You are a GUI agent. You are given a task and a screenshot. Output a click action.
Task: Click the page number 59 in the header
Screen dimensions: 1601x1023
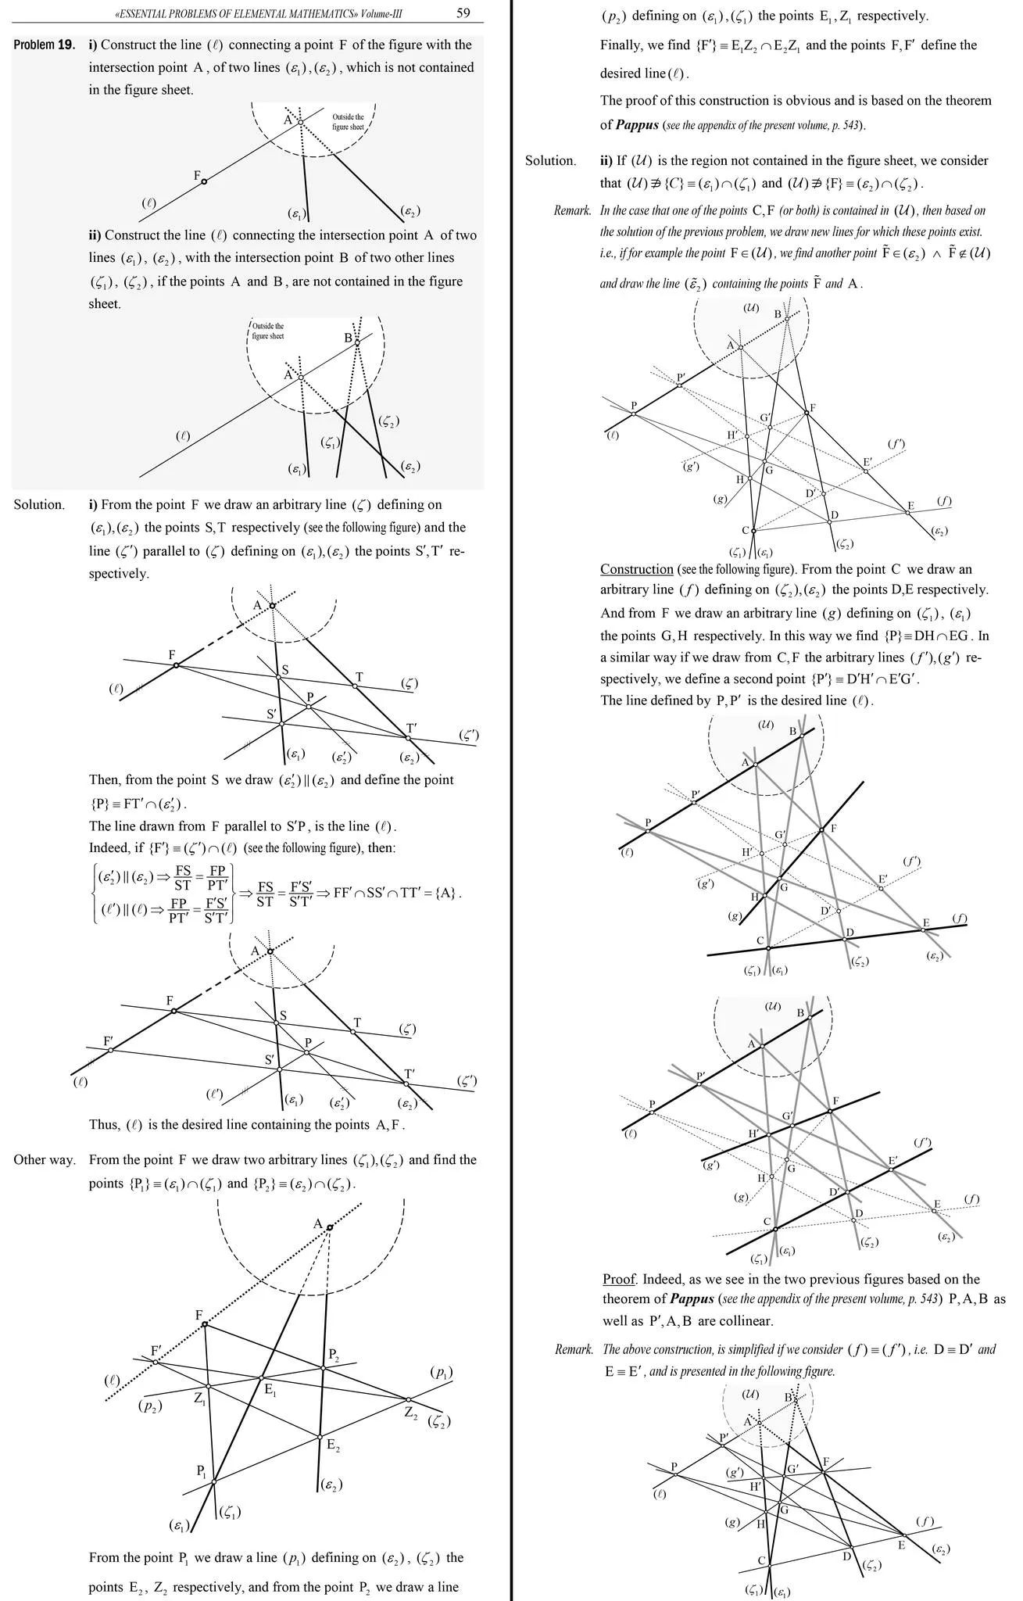point(463,13)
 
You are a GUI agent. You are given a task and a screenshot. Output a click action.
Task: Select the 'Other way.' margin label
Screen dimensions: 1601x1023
point(44,1159)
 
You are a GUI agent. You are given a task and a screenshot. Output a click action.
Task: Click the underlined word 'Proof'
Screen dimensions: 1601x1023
point(619,1279)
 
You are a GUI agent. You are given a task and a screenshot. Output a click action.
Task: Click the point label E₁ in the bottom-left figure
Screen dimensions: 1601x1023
point(270,1389)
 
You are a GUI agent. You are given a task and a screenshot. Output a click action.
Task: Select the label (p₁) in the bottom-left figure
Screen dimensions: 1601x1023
point(442,1372)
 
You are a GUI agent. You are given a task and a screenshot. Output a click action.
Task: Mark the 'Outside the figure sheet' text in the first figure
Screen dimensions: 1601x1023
point(348,121)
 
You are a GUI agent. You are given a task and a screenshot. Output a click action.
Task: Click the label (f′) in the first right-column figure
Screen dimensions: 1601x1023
point(896,444)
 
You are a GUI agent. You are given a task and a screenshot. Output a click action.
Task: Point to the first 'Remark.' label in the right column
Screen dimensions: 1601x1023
point(572,210)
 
